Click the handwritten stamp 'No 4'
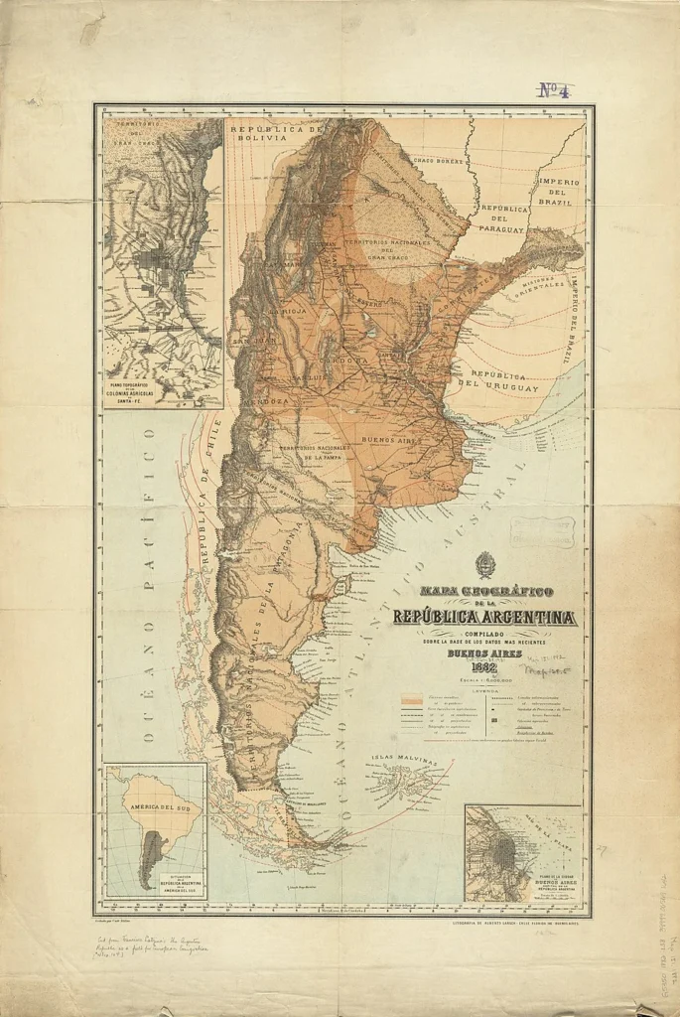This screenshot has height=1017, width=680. click(x=553, y=90)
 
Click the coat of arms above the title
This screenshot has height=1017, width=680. click(x=485, y=566)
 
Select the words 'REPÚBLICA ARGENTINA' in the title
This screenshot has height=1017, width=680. click(x=484, y=617)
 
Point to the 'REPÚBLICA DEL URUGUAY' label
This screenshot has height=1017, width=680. click(x=504, y=381)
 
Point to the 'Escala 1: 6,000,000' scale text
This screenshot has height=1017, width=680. click(x=485, y=678)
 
